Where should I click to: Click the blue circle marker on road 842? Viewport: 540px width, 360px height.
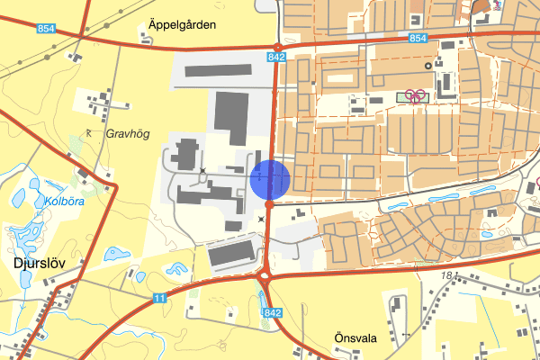[269, 178]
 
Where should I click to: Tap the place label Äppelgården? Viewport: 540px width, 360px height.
[184, 25]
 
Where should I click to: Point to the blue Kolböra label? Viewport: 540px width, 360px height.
[63, 201]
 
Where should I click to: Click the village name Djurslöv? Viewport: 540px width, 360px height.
[37, 265]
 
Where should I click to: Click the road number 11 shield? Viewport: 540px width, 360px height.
[159, 297]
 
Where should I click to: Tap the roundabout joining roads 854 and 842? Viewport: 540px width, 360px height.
[278, 47]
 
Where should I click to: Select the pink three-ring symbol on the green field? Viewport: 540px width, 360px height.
[415, 95]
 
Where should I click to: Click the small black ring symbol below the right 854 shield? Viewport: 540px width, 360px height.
[440, 64]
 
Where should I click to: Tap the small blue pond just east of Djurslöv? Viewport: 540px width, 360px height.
[112, 254]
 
